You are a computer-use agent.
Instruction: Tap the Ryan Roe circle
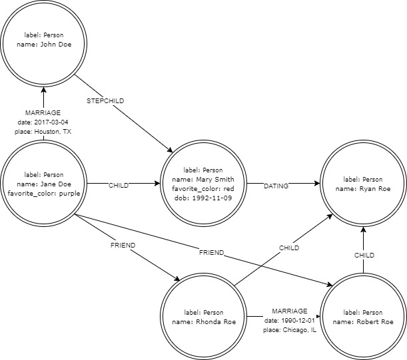click(x=364, y=184)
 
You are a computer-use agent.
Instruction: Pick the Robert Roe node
click(x=364, y=317)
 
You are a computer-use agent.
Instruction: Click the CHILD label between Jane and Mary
click(x=119, y=186)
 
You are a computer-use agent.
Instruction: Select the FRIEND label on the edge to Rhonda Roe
click(x=123, y=245)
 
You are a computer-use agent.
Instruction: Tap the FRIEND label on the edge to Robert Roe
click(x=210, y=253)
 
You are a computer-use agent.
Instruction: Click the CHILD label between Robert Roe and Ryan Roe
click(x=364, y=254)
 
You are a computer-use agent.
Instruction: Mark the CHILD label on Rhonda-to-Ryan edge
click(x=288, y=248)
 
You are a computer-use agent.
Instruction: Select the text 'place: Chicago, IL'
click(x=289, y=330)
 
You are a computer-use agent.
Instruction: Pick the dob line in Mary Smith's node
click(x=204, y=198)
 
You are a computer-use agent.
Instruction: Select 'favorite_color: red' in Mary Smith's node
click(x=204, y=188)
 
